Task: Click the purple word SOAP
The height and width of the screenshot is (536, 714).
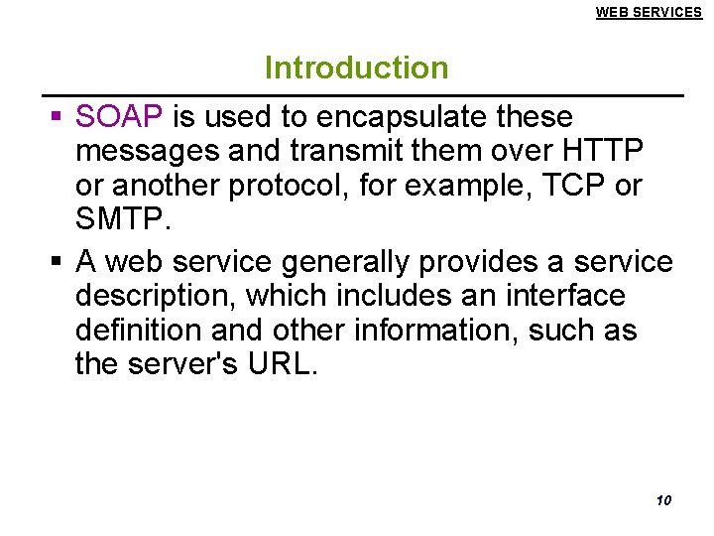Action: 119,117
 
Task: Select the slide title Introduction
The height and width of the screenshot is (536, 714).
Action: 356,68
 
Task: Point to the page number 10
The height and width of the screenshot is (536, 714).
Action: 663,499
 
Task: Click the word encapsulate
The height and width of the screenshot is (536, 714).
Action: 406,117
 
